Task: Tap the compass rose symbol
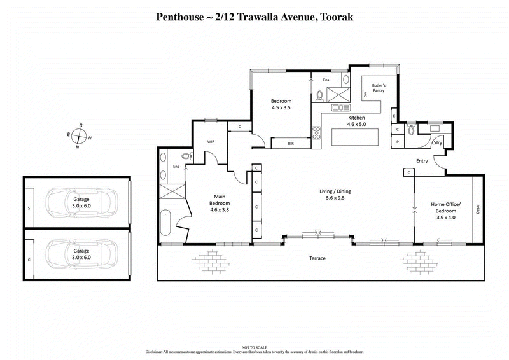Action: click(x=78, y=135)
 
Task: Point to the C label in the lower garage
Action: click(x=29, y=260)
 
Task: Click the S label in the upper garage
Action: click(x=29, y=207)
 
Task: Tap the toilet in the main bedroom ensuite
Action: click(x=186, y=156)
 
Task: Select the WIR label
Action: click(x=211, y=142)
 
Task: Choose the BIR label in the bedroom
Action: click(x=291, y=144)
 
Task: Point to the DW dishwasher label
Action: click(x=366, y=96)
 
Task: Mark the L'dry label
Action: click(x=437, y=142)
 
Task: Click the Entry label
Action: click(x=422, y=161)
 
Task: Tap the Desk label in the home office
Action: click(x=478, y=208)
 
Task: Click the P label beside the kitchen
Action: click(x=396, y=141)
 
